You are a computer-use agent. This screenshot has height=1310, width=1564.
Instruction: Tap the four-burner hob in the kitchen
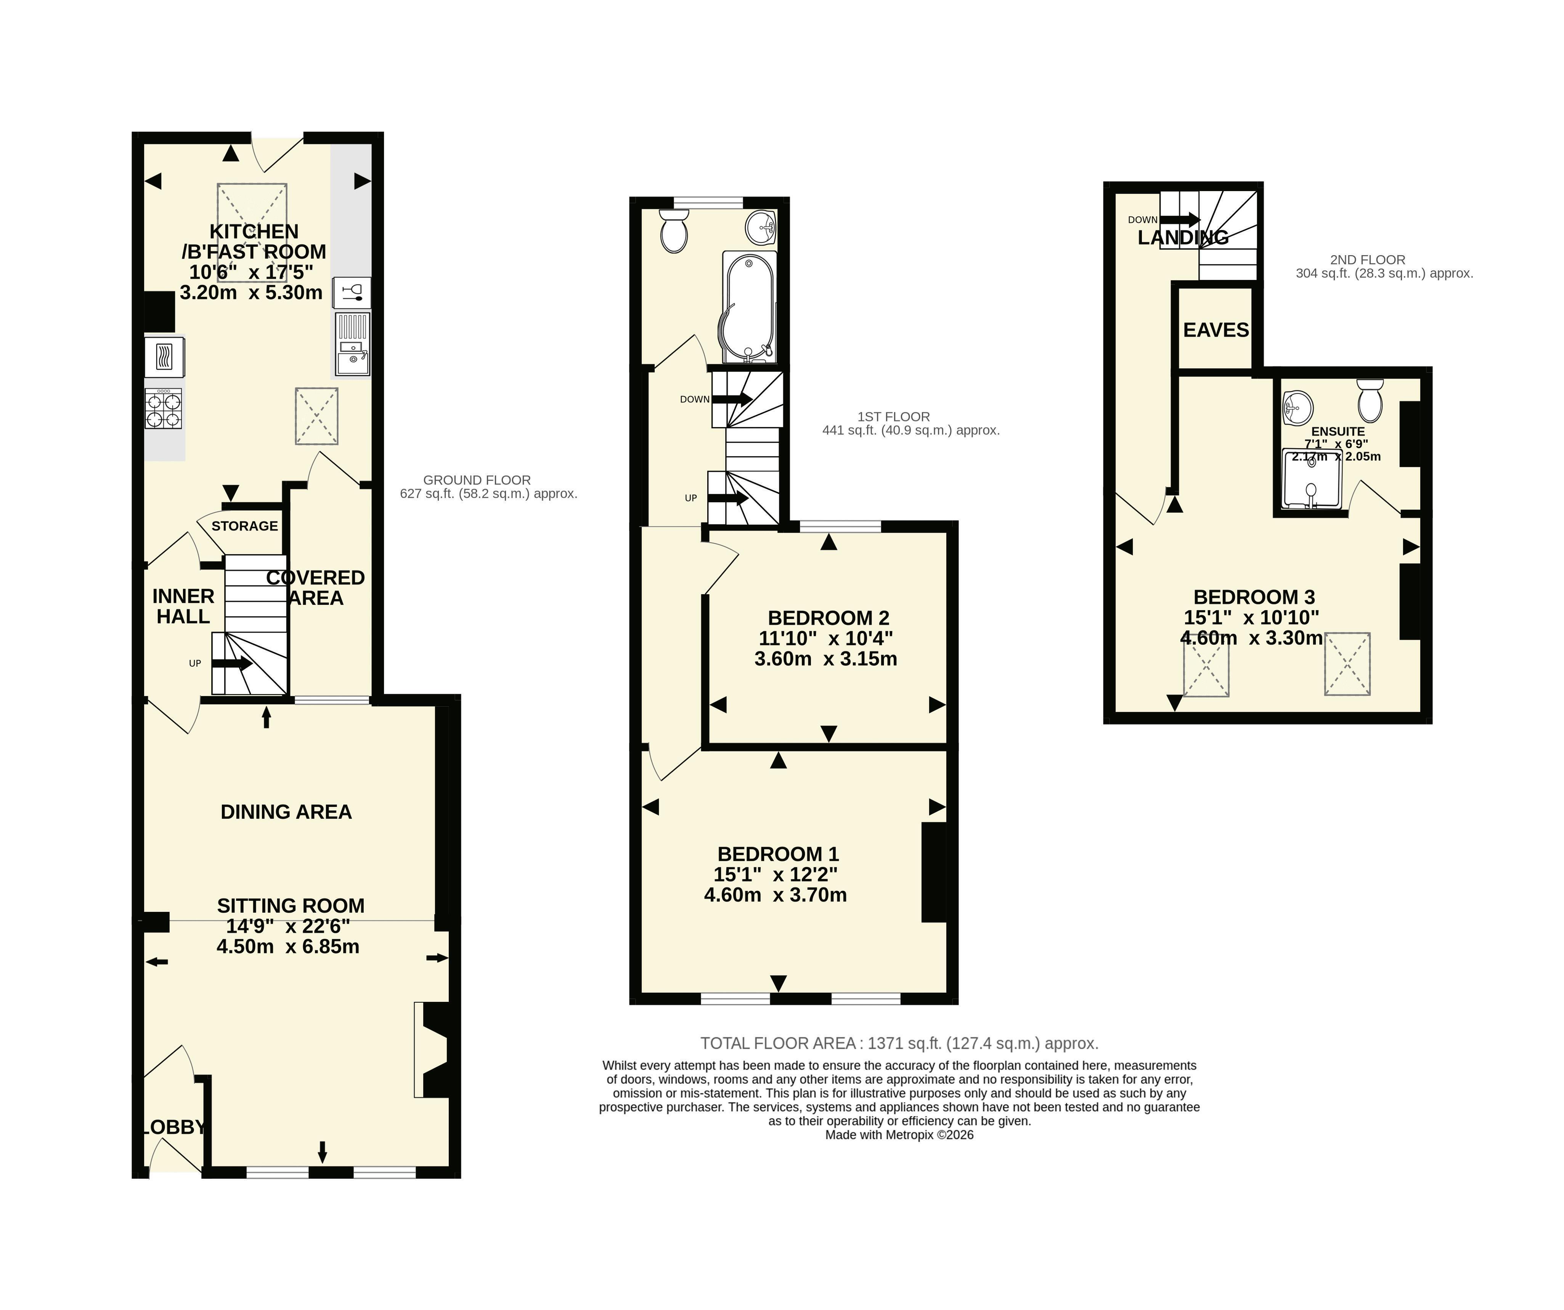point(163,409)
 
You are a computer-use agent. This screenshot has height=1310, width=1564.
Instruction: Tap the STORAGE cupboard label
point(244,526)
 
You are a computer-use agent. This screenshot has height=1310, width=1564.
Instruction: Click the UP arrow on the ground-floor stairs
point(232,663)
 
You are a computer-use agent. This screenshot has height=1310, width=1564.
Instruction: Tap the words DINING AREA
point(286,812)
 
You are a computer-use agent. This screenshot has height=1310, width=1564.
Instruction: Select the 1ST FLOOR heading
point(894,417)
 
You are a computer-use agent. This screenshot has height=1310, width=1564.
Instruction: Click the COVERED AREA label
point(316,588)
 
